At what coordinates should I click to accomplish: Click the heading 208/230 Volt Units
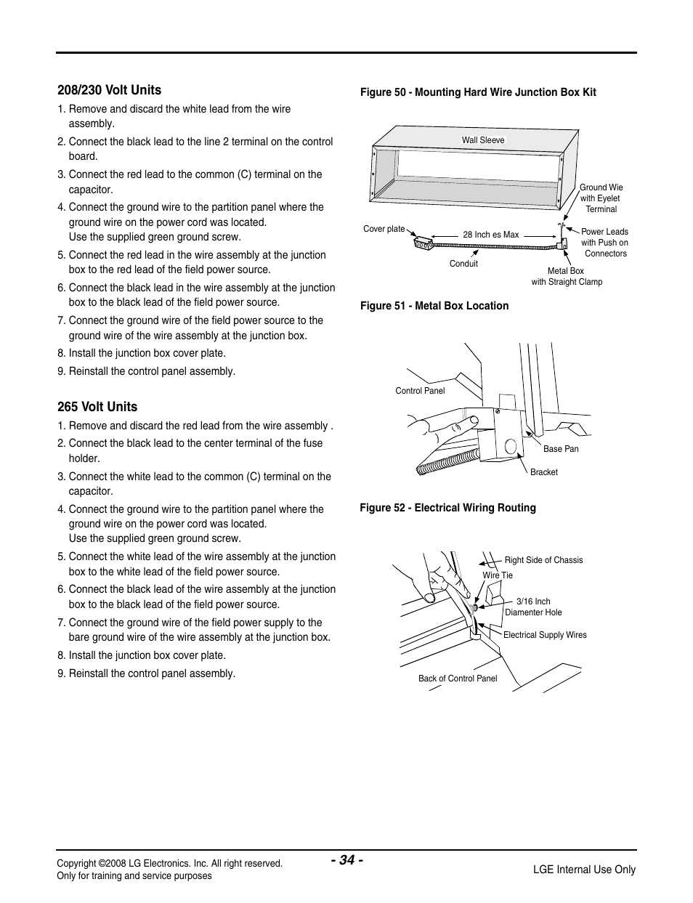tap(110, 90)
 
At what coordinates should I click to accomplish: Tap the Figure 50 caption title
tap(478, 92)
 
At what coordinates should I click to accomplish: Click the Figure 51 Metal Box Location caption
tap(434, 306)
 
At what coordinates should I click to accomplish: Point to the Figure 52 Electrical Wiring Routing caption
tap(447, 508)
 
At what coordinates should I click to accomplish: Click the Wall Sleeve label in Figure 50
tap(483, 140)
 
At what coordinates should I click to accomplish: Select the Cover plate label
tap(384, 229)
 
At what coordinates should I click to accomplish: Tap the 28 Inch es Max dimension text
tap(490, 235)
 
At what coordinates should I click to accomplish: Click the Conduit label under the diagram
tap(463, 264)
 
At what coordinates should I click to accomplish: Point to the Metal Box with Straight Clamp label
tap(567, 277)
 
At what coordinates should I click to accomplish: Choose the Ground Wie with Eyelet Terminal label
tap(601, 198)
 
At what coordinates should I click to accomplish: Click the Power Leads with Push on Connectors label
tap(604, 243)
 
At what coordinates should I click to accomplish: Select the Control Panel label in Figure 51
tap(420, 391)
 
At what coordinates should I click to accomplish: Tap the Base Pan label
tap(561, 449)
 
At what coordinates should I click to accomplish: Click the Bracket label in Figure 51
tap(543, 472)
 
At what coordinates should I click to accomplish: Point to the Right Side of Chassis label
tap(543, 560)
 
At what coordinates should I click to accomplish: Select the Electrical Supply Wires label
tap(545, 635)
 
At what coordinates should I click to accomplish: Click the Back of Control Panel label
tap(458, 679)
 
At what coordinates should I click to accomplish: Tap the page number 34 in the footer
tap(346, 860)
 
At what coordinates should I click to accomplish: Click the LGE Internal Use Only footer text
tap(584, 870)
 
